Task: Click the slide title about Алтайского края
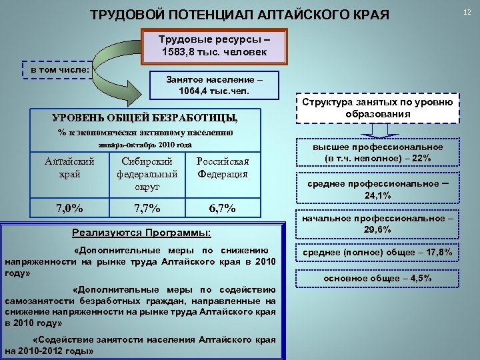239,14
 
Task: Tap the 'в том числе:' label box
61,69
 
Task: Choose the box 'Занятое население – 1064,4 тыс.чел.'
214,84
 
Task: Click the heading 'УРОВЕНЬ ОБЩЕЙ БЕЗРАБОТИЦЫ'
145,118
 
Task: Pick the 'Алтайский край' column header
69,167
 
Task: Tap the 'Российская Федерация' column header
223,167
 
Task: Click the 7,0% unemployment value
69,207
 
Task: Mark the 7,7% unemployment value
147,207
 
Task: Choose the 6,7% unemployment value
223,207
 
